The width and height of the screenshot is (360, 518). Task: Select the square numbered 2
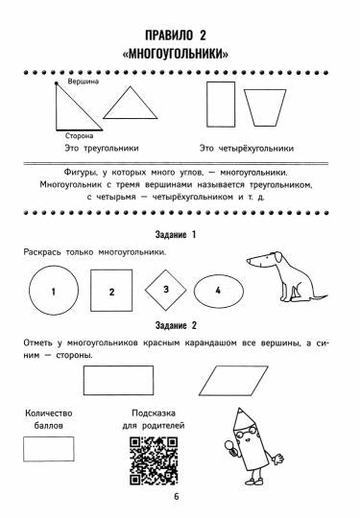pos(112,291)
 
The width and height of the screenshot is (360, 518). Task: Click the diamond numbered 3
pos(165,289)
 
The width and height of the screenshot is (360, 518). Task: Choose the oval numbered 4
pos(219,290)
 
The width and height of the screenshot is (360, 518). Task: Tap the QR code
pos(152,459)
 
